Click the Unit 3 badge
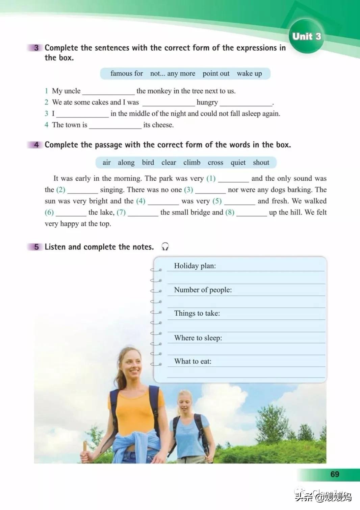tap(306, 36)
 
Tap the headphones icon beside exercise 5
tap(165, 247)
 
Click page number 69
tap(334, 474)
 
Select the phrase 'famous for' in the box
tap(127, 74)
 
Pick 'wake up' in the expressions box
tap(249, 74)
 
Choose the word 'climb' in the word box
tap(192, 163)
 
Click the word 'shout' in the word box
tap(261, 163)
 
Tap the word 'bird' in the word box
tap(148, 163)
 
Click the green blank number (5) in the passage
tap(217, 201)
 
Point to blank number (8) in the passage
tap(230, 212)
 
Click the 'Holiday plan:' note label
tap(195, 266)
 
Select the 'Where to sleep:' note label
tap(198, 338)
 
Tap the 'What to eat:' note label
tap(193, 361)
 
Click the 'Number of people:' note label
tap(203, 290)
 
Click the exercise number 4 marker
tap(36, 145)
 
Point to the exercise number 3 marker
tap(36, 48)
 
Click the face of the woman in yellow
tap(131, 365)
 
